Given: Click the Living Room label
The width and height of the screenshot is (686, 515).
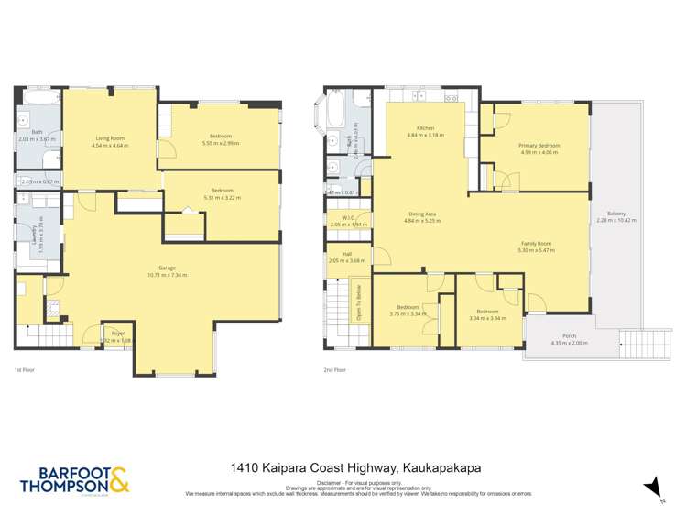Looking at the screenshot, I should click(108, 138).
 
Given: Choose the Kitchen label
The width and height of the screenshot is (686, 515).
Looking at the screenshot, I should click(425, 127).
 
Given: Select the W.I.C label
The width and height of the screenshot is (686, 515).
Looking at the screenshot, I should click(347, 217).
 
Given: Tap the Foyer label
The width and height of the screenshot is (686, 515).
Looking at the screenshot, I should click(117, 333).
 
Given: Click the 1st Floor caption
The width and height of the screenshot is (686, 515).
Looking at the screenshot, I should click(25, 369).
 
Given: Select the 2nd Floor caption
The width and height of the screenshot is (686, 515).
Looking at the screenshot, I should click(334, 369).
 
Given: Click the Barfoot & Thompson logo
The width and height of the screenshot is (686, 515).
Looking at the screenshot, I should click(74, 479).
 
